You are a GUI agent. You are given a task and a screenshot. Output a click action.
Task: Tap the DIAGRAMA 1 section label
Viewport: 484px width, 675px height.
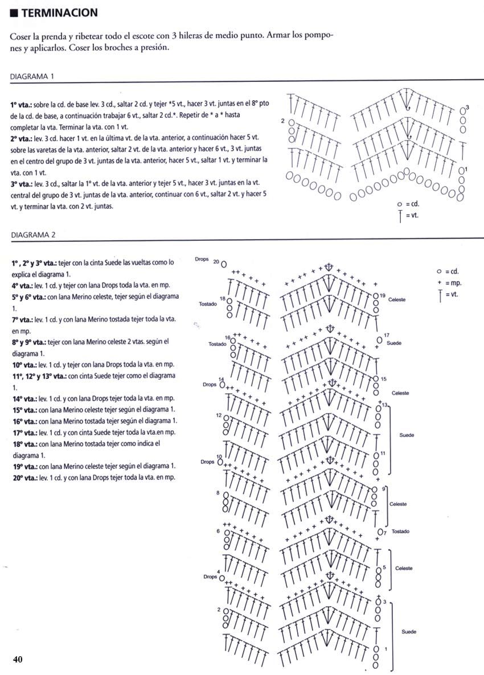click(x=32, y=76)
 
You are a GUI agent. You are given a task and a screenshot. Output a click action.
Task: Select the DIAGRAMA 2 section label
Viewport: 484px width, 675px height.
click(x=32, y=234)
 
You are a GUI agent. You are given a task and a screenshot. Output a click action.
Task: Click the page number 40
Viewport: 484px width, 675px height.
click(x=18, y=660)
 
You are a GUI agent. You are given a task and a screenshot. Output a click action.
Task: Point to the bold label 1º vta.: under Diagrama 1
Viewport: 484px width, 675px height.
click(x=21, y=105)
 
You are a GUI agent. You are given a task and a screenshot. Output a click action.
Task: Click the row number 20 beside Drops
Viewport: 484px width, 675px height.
click(x=216, y=261)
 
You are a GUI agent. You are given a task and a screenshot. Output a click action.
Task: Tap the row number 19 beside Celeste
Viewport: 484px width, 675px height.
click(x=383, y=295)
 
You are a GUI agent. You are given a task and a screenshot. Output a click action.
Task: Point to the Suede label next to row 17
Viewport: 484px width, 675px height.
click(x=393, y=344)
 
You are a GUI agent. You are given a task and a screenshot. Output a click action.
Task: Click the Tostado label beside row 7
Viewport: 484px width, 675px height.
click(x=400, y=532)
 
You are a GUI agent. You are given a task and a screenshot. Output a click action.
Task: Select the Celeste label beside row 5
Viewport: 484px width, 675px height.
click(x=403, y=569)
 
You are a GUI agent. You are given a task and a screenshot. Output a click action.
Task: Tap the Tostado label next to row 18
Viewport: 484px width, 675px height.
click(x=208, y=304)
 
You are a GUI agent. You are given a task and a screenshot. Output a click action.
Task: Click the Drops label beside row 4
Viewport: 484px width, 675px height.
click(x=210, y=577)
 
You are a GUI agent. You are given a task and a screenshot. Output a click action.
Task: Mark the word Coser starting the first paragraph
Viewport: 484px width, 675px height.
click(x=21, y=35)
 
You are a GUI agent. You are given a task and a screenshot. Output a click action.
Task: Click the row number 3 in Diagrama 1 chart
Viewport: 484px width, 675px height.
click(x=467, y=107)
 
